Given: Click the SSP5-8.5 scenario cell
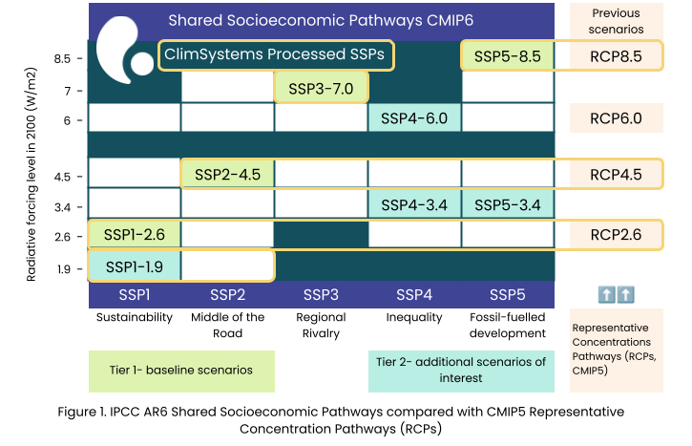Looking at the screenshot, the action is tap(507, 56).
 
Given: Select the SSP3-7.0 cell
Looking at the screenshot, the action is tap(321, 88).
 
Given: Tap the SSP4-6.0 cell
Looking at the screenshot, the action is tap(414, 117).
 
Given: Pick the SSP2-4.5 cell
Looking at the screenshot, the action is tap(228, 174).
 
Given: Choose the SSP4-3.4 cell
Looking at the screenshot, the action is tap(414, 204).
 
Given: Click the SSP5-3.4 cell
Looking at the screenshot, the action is tap(508, 204).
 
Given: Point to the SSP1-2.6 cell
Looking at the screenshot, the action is tap(135, 235).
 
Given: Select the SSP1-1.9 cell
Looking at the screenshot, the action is tap(135, 266).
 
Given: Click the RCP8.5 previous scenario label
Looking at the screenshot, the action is tap(616, 56).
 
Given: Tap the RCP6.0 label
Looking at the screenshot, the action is tap(616, 117).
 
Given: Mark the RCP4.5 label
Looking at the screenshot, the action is tap(616, 174).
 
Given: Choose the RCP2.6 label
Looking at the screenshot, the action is tap(616, 235).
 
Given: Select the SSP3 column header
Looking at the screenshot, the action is tap(321, 294).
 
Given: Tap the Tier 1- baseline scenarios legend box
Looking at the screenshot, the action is tap(181, 371).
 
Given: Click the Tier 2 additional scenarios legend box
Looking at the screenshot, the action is tap(461, 371).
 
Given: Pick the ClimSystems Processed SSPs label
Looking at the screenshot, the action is tap(275, 54).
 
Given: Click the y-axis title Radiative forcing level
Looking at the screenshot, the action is tap(31, 174).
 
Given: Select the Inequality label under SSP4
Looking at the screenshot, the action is tap(414, 317).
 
